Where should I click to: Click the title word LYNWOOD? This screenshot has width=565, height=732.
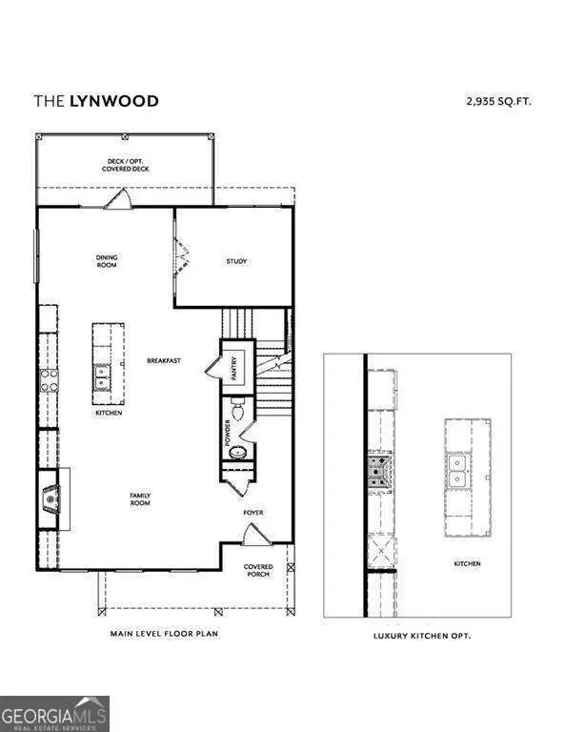tap(113, 100)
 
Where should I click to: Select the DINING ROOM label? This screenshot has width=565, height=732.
tap(106, 260)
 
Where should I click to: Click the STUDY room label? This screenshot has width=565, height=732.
tap(236, 261)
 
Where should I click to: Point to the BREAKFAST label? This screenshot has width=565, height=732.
tap(164, 360)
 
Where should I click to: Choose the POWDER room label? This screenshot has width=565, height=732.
tap(228, 434)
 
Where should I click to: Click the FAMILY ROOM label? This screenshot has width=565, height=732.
tap(140, 498)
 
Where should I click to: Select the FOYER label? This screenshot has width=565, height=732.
tap(252, 513)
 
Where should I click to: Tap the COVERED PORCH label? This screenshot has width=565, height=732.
tap(258, 570)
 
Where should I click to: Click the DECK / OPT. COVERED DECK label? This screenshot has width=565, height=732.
tap(126, 165)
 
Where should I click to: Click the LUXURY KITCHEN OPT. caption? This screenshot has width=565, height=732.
tap(434, 634)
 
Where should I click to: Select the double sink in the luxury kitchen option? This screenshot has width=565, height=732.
tap(457, 471)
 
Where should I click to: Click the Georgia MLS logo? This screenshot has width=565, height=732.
tap(54, 713)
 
